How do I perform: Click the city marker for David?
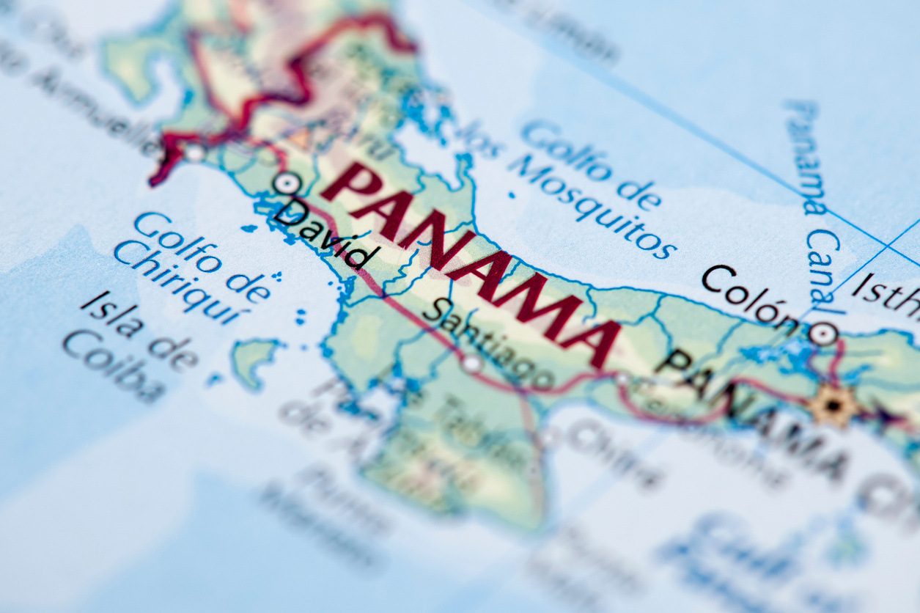point(287,183)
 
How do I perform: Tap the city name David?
point(327,233)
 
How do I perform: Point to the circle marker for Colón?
point(823,334)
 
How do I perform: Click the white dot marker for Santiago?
point(472,363)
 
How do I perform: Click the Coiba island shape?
point(254,359)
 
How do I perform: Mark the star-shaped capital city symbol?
point(832,404)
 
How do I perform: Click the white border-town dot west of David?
point(194,153)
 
